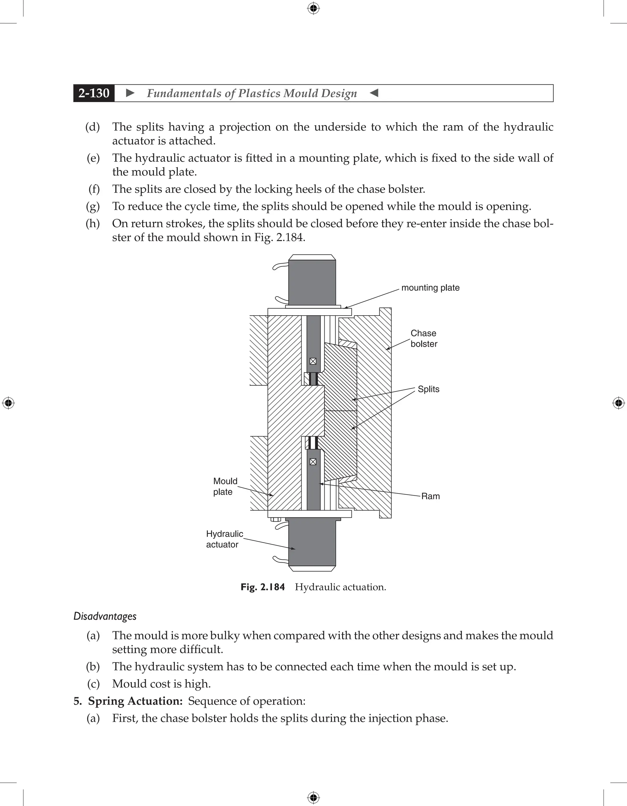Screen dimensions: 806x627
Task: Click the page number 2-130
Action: pyautogui.click(x=94, y=93)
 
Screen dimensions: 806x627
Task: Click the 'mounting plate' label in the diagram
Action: pyautogui.click(x=430, y=288)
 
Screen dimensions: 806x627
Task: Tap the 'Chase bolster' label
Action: pyautogui.click(x=424, y=338)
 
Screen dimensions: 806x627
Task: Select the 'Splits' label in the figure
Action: pyautogui.click(x=428, y=389)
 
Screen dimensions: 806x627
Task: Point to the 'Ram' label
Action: pyautogui.click(x=430, y=496)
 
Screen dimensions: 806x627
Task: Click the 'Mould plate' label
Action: pyautogui.click(x=225, y=486)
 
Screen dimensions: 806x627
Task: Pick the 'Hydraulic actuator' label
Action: pyautogui.click(x=224, y=539)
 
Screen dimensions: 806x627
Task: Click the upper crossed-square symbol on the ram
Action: pyautogui.click(x=313, y=361)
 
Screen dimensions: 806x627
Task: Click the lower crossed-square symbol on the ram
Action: pyautogui.click(x=313, y=462)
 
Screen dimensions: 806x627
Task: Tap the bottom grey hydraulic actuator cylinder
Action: pyautogui.click(x=312, y=544)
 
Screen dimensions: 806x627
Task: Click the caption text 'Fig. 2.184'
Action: pyautogui.click(x=262, y=587)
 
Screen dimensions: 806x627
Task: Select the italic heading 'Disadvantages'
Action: pyautogui.click(x=105, y=616)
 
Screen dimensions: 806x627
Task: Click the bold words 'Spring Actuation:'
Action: pyautogui.click(x=135, y=701)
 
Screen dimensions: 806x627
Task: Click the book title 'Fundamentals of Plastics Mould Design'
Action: pyautogui.click(x=252, y=93)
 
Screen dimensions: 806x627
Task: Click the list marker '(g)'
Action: pyautogui.click(x=93, y=206)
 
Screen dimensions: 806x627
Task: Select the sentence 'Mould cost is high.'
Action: pyautogui.click(x=161, y=684)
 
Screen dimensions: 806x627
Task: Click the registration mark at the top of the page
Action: pyautogui.click(x=313, y=8)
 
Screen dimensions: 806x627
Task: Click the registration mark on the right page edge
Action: pyautogui.click(x=618, y=403)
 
